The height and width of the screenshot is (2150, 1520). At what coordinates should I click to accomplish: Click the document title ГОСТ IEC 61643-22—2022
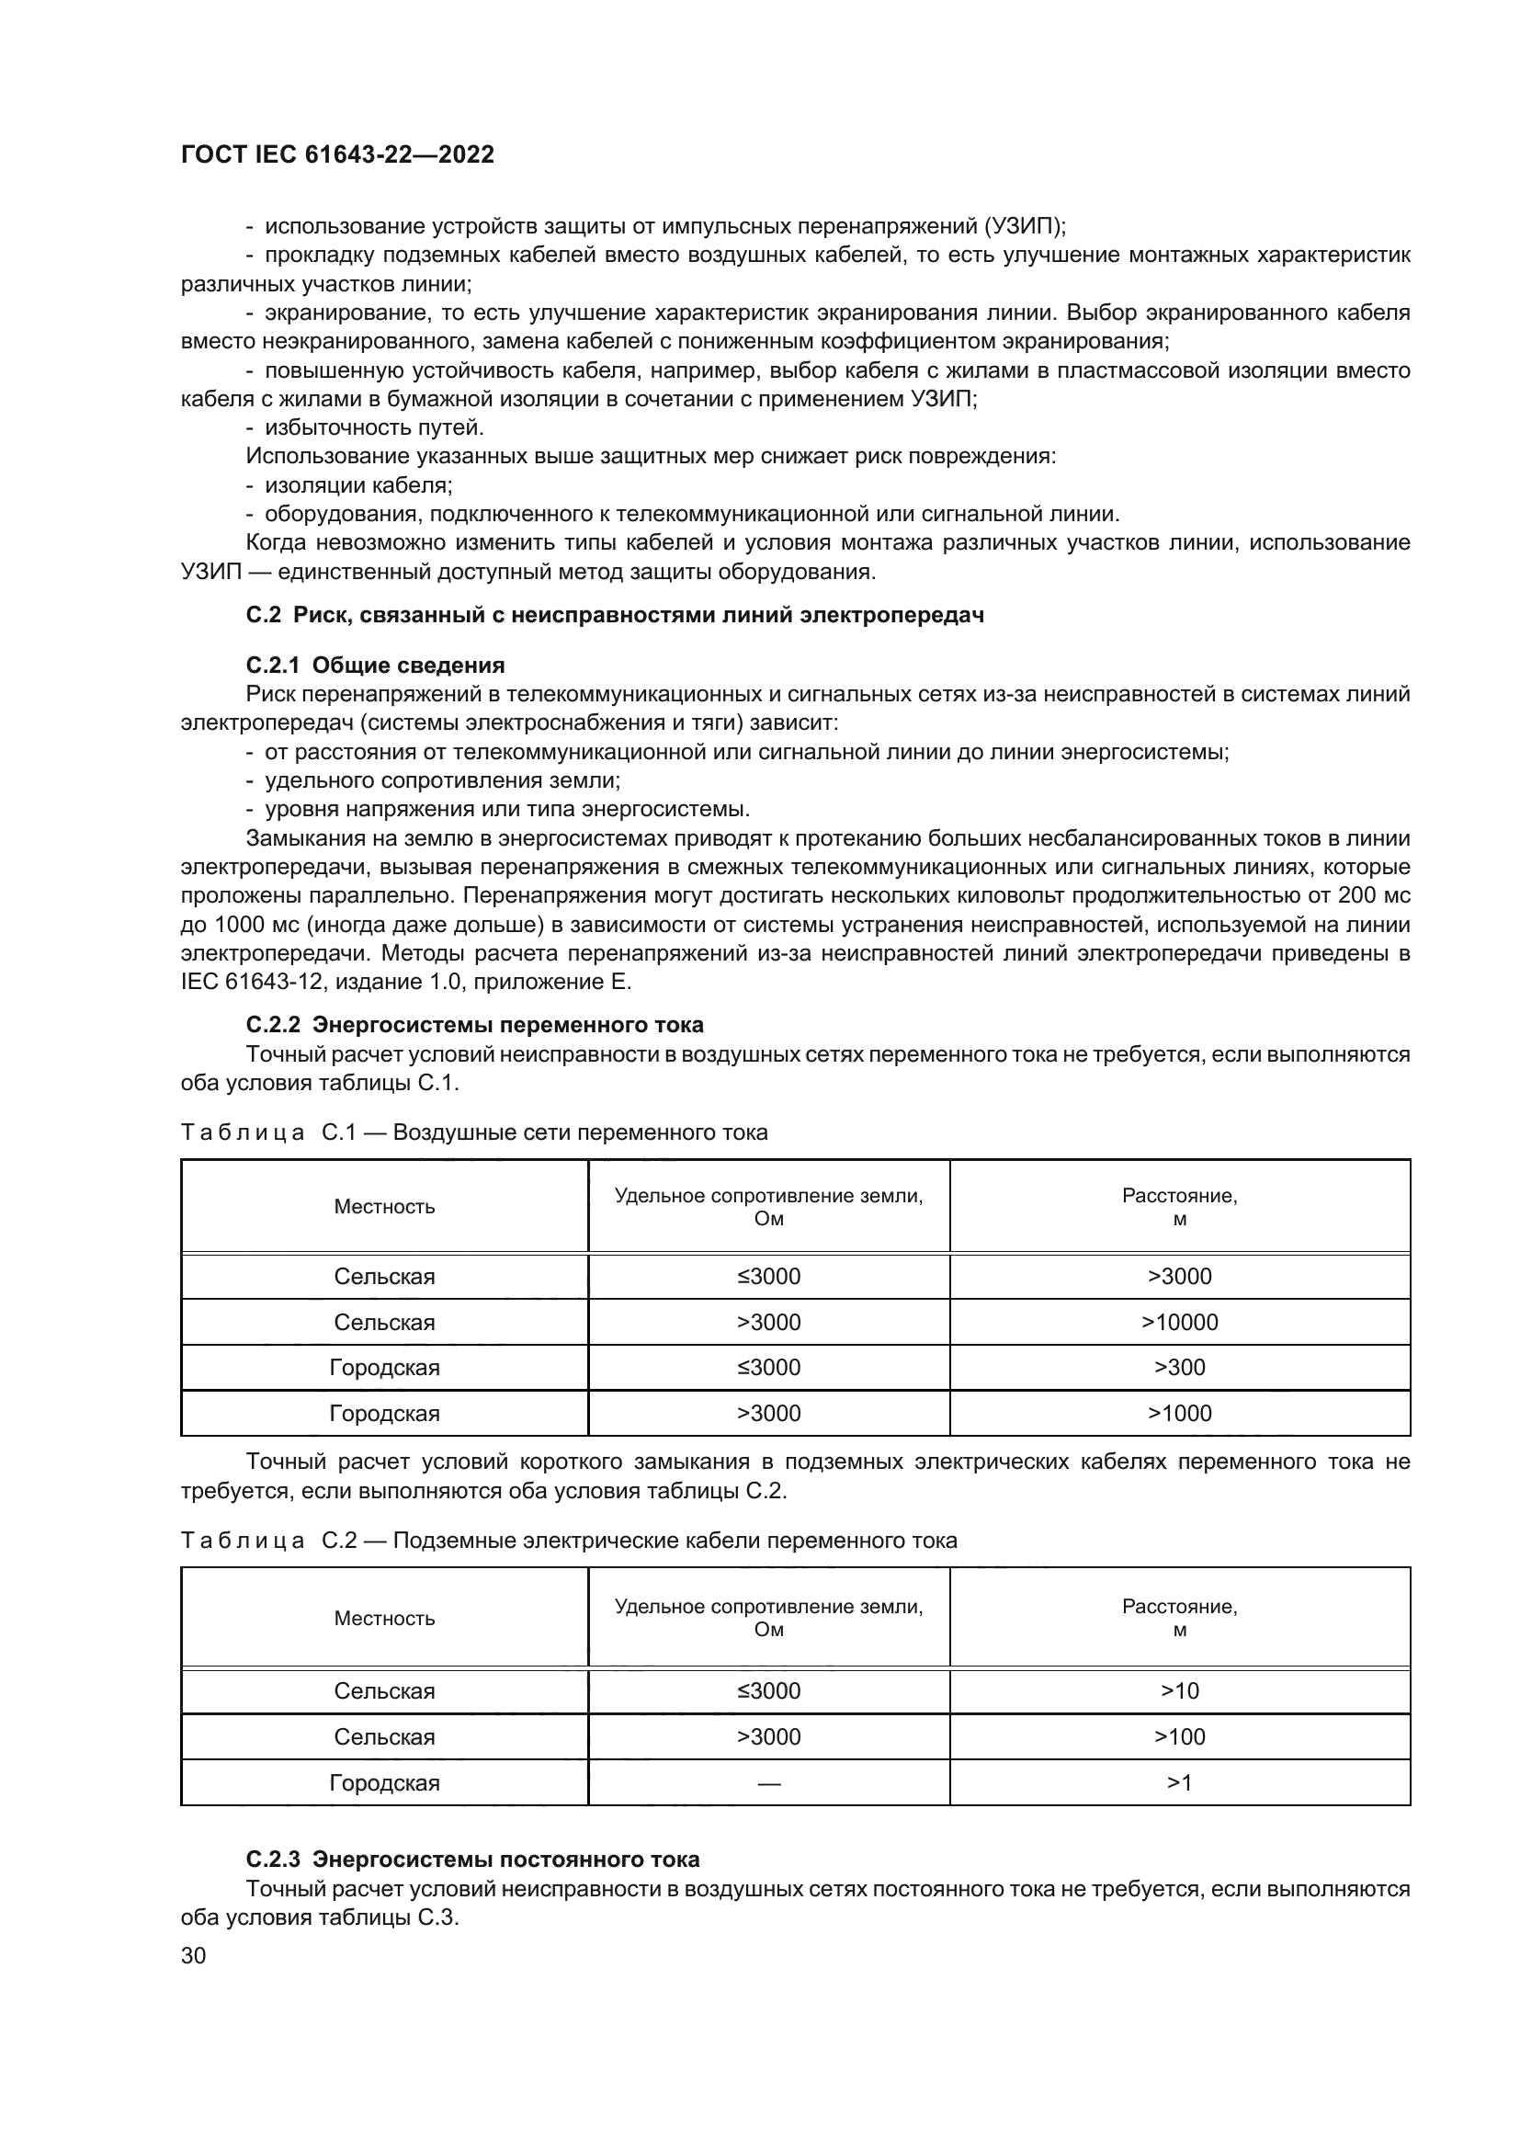click(337, 154)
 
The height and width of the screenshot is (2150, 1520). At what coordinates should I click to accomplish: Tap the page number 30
click(193, 1955)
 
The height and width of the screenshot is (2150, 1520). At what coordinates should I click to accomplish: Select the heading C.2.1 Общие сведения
click(374, 665)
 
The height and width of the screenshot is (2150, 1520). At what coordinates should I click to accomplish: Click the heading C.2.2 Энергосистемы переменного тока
click(474, 1024)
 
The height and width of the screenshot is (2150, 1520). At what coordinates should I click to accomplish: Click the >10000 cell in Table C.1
click(1179, 1322)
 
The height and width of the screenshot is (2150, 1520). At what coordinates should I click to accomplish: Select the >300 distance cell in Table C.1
click(1179, 1367)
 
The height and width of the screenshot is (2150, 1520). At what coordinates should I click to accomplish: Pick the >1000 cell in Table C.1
click(1179, 1413)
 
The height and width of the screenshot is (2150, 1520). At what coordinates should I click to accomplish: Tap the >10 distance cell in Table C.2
click(1179, 1690)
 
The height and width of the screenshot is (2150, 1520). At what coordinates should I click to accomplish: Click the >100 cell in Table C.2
click(1179, 1737)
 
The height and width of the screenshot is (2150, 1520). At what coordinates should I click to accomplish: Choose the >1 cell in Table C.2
click(1179, 1783)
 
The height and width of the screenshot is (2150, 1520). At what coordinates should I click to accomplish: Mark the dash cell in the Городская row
click(768, 1783)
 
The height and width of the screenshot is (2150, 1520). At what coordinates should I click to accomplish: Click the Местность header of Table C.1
click(384, 1206)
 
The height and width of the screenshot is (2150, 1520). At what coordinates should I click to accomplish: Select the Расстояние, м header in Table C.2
click(1179, 1618)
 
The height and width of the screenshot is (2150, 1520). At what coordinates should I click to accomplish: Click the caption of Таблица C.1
click(473, 1132)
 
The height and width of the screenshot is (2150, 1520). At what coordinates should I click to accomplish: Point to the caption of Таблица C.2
click(568, 1541)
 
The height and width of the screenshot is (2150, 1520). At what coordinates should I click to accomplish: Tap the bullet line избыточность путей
click(374, 428)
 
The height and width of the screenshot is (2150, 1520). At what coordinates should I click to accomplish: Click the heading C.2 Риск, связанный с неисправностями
click(614, 615)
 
